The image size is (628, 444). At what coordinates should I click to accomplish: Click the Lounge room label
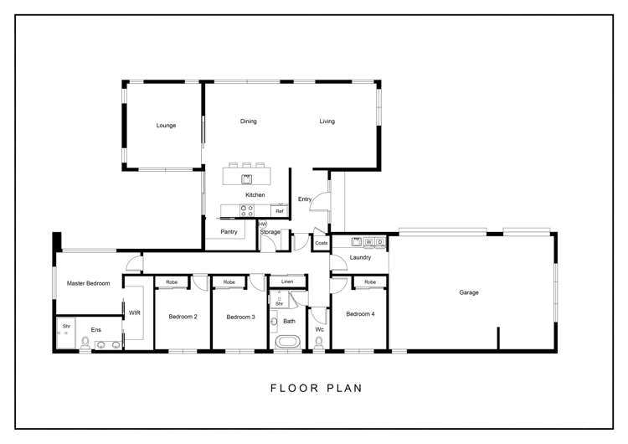(166, 126)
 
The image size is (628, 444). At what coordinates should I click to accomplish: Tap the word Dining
(249, 121)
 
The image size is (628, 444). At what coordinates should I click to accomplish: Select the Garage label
(469, 292)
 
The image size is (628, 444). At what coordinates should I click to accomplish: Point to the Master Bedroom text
(88, 283)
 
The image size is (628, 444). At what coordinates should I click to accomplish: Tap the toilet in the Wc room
(319, 342)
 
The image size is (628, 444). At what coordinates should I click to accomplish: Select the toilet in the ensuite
(85, 343)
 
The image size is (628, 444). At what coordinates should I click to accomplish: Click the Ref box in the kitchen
(280, 211)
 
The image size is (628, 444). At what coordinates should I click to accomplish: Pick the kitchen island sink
(246, 178)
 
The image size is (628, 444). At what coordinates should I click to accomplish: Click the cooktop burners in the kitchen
(247, 211)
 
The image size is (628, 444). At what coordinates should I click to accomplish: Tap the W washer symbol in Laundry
(369, 242)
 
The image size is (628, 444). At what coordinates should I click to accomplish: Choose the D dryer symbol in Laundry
(379, 242)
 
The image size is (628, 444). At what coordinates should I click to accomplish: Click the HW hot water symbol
(263, 224)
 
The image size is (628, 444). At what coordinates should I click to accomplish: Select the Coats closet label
(322, 243)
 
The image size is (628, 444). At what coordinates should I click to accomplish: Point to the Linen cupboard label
(287, 281)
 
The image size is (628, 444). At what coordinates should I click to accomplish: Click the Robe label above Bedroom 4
(370, 282)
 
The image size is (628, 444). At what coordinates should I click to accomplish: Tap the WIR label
(135, 312)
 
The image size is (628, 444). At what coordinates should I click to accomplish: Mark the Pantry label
(229, 231)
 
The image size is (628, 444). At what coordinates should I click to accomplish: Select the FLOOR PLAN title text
(317, 388)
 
